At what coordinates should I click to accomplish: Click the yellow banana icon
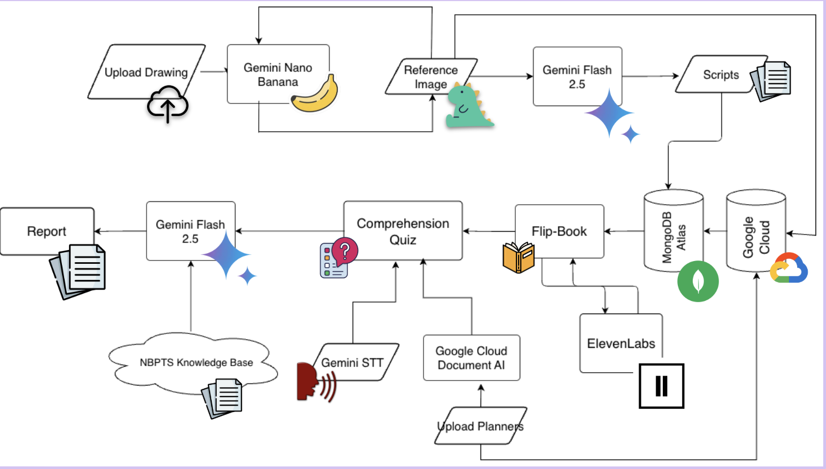tap(315, 95)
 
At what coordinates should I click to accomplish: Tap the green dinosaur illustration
tap(468, 106)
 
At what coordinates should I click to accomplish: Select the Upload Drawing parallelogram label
tap(146, 72)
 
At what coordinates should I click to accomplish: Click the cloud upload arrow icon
tap(168, 105)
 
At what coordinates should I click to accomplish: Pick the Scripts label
tap(720, 75)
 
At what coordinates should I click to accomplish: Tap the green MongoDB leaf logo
tap(698, 281)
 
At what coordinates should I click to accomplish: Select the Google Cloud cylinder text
tap(756, 237)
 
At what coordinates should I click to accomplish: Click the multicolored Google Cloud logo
tap(789, 268)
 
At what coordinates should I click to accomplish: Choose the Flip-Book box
tap(559, 231)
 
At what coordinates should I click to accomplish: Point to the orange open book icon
tap(518, 258)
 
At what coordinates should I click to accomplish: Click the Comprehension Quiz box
tap(402, 231)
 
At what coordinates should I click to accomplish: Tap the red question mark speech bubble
tap(345, 251)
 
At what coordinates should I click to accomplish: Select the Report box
tap(46, 231)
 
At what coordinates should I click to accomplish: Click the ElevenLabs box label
tap(621, 343)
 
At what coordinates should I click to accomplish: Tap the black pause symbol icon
tap(661, 386)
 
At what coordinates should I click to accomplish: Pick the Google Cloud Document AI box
tap(471, 358)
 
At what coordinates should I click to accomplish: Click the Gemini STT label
tap(352, 363)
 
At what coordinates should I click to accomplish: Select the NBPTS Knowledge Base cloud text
tap(196, 363)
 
